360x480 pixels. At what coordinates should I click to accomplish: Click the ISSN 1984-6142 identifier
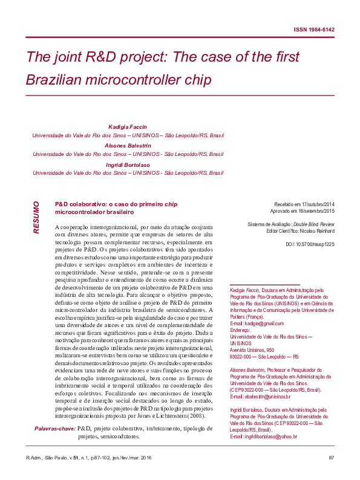314,30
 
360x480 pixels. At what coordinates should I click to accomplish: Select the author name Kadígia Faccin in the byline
128,128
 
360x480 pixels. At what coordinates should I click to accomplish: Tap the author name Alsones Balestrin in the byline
128,146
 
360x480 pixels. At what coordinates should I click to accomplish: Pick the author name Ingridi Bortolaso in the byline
128,164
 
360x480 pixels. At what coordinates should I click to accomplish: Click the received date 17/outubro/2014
317,206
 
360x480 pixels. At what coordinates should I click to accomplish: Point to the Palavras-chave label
53,429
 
